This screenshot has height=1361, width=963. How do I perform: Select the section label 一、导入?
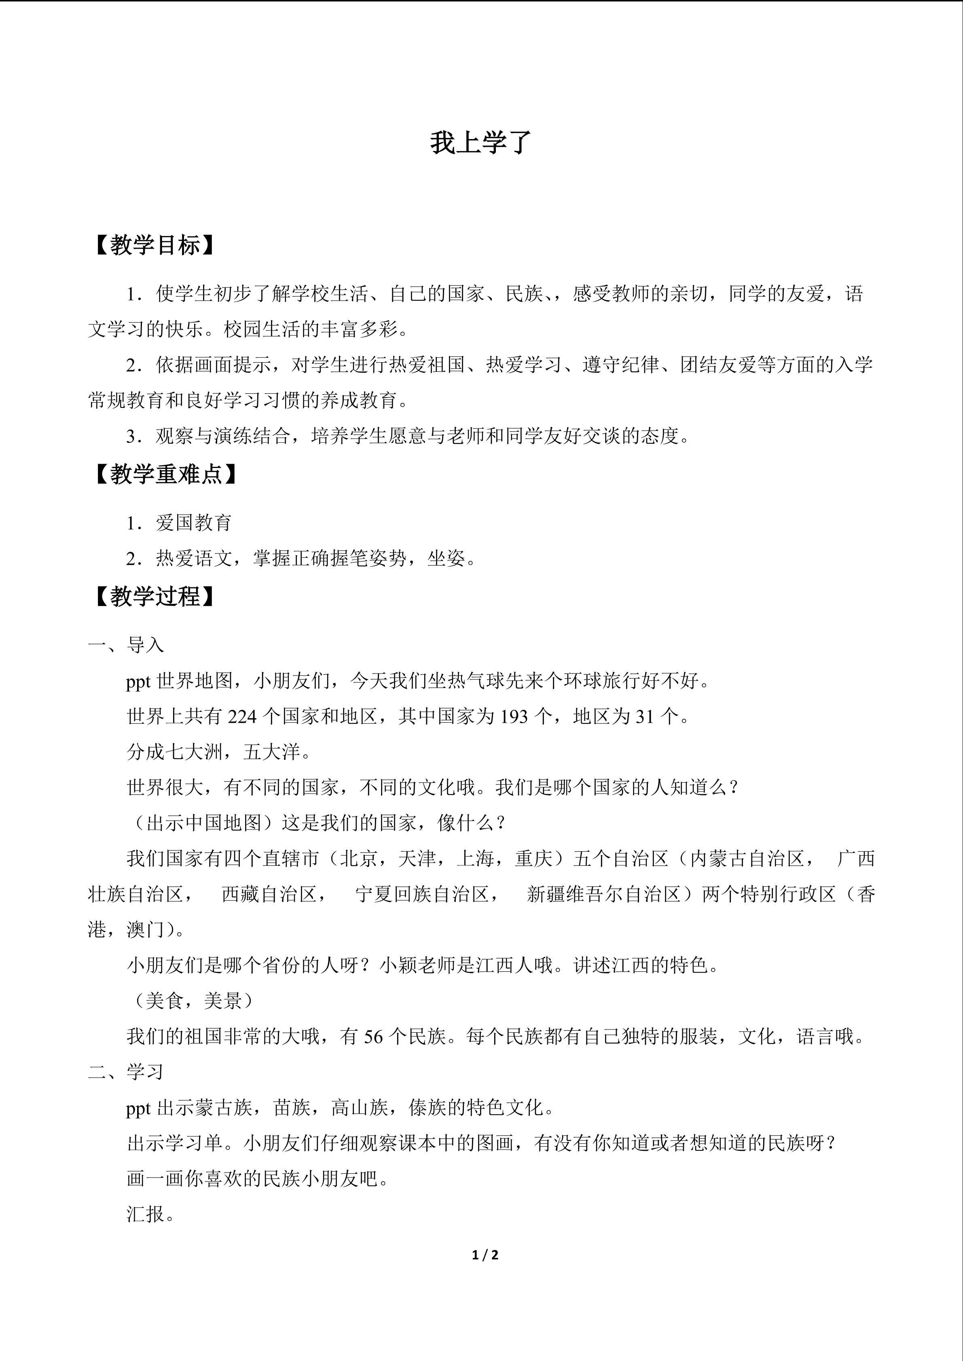click(126, 645)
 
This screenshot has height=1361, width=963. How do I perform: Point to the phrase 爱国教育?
click(194, 523)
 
